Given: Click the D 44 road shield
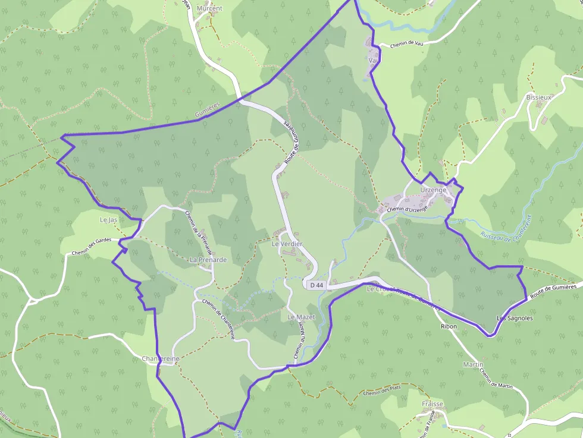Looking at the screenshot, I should coord(316,285).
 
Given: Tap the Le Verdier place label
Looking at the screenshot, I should coord(287,244).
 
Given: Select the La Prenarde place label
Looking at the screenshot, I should coord(208,260).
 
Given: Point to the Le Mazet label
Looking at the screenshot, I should coord(301,317).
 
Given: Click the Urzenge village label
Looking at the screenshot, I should coord(433,190).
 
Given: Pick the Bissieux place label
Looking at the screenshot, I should coord(539,96).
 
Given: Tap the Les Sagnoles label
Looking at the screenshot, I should coord(515,318).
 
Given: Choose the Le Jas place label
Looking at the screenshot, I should coord(108,220).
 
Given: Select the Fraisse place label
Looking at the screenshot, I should coord(432,404).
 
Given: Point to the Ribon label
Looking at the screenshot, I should coord(449,327).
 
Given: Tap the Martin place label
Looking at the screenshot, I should coord(473,364).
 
